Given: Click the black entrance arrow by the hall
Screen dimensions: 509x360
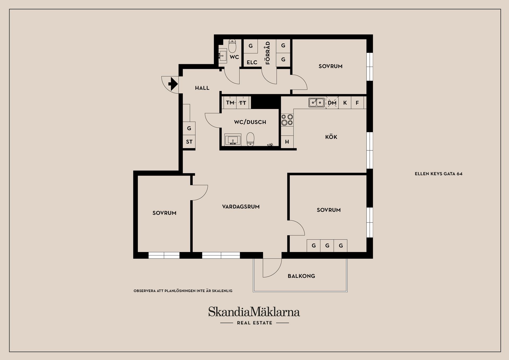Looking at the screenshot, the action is [x=173, y=84].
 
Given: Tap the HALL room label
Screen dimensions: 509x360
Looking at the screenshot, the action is [x=202, y=88].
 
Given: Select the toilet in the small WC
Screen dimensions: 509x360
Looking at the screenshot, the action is [x=232, y=46].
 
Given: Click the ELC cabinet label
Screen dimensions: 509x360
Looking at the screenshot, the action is [x=252, y=62].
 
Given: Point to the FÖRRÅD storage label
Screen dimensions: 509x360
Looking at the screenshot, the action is [x=268, y=53].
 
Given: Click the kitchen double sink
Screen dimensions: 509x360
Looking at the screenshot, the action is [x=317, y=102].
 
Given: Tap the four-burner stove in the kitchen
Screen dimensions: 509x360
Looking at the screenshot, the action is [x=287, y=120].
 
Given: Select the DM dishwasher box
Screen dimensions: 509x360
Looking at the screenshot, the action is [x=332, y=103].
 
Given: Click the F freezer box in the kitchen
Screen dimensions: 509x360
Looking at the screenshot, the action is [x=357, y=103].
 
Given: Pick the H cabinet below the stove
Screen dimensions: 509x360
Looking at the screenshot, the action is [x=287, y=142].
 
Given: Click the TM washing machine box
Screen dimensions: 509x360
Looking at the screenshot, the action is [x=230, y=103].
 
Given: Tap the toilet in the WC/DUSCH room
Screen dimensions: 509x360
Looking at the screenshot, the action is [x=251, y=139].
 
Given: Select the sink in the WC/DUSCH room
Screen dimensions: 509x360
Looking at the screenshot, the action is [x=233, y=140].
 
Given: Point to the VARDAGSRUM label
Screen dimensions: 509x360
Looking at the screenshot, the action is [x=241, y=207].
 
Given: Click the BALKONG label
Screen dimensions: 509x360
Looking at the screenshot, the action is [x=301, y=276].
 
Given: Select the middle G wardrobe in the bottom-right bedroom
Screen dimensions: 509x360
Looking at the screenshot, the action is [x=327, y=246].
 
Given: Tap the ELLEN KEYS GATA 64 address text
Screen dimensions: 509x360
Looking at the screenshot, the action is [x=438, y=174].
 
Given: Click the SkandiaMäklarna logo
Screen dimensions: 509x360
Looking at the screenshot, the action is [x=254, y=312].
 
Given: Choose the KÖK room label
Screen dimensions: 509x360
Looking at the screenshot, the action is [x=331, y=137].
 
